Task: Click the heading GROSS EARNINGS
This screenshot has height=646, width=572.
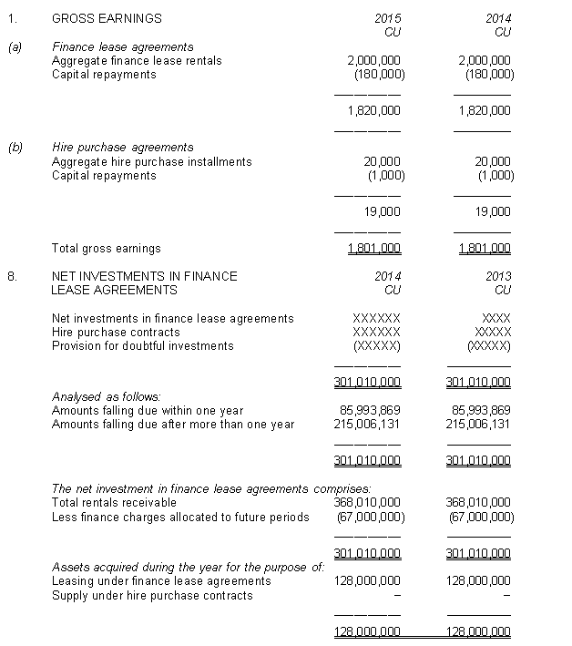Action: point(107,18)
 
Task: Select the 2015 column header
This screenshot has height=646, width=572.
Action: point(388,18)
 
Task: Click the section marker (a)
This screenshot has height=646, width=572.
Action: point(15,47)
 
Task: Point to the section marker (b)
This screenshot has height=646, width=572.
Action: point(15,148)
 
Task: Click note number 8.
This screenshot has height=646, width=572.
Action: point(12,276)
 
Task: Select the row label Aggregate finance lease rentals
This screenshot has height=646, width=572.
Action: point(137,61)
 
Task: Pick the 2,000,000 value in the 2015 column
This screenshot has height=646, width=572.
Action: point(375,61)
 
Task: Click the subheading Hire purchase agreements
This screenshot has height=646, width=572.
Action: point(123,148)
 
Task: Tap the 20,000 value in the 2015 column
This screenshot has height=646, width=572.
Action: point(383,162)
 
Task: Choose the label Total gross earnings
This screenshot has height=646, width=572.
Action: point(107,248)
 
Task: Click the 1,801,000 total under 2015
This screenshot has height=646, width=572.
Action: point(374,248)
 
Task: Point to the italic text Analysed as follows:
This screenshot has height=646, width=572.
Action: point(106,396)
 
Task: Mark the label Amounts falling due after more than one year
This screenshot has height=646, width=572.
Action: point(173,425)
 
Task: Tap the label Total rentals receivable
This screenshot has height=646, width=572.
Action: point(114,502)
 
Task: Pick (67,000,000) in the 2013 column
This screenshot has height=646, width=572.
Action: point(482,517)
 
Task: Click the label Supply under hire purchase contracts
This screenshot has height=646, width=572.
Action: point(152,595)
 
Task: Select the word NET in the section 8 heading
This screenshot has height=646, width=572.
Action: point(65,276)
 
